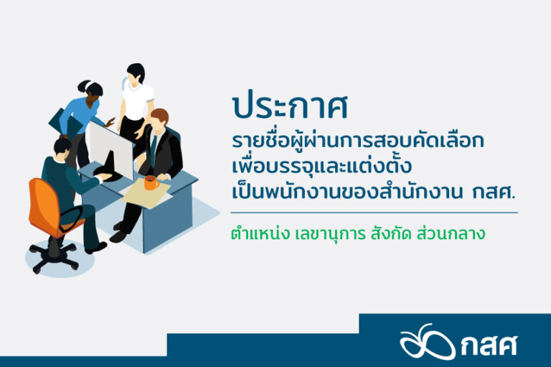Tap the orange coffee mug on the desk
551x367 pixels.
click(151, 182)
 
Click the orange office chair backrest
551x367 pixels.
click(43, 206)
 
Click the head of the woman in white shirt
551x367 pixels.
click(136, 73)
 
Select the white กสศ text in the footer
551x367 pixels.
click(489, 346)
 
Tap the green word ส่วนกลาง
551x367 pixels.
click(451, 233)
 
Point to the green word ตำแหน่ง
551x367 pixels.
click(260, 233)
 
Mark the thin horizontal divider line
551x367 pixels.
click(375, 213)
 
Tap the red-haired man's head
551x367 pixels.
click(160, 120)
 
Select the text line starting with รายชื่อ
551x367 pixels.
click(358, 141)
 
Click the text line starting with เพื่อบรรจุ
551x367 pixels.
click(321, 166)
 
